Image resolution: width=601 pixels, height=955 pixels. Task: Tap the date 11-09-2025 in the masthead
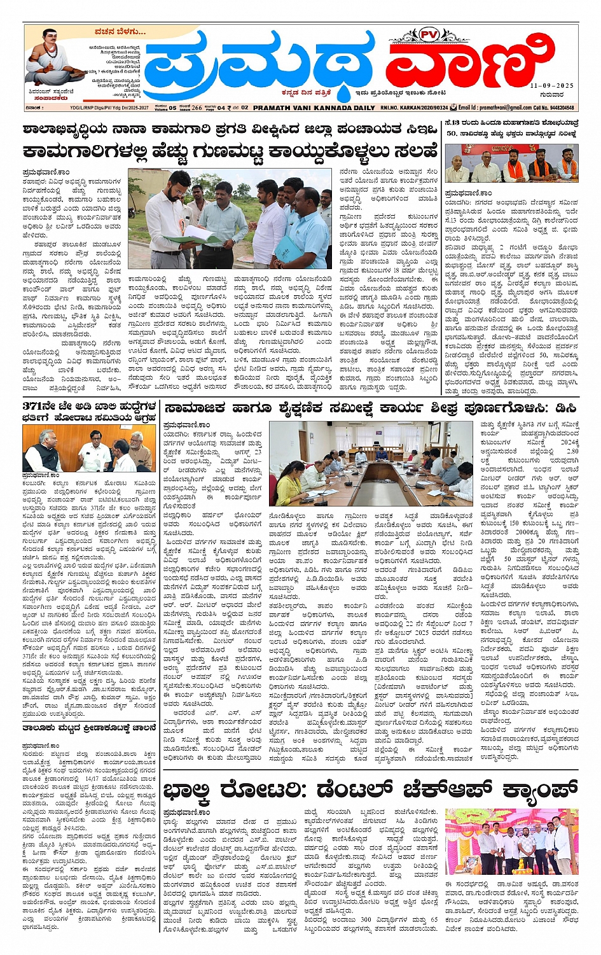(x=552, y=85)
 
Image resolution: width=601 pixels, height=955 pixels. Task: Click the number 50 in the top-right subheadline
(x=452, y=134)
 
